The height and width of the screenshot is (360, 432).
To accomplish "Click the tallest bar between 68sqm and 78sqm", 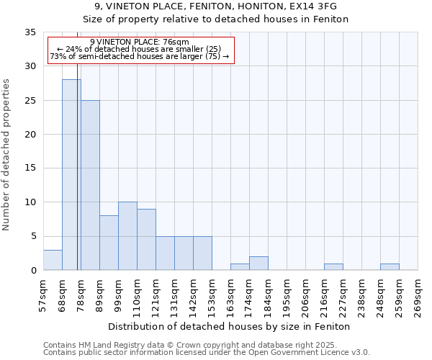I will click(71, 175).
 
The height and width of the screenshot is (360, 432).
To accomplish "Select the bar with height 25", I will click(90, 185).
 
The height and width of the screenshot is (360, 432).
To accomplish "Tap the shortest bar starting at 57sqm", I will click(53, 260).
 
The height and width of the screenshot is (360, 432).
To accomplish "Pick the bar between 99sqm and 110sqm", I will click(127, 236).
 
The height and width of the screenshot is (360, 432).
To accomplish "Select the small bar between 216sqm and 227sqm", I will click(333, 267).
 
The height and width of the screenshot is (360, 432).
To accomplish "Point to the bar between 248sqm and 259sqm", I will click(390, 267).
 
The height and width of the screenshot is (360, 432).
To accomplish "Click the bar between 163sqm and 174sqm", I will click(240, 267).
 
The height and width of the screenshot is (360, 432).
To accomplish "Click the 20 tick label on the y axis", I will click(30, 135).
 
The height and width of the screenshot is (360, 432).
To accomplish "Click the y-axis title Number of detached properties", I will click(6, 155).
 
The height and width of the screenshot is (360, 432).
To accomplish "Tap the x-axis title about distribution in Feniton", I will click(230, 327).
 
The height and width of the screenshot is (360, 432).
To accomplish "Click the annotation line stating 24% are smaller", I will click(140, 49).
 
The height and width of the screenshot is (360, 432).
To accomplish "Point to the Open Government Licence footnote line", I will click(207, 352).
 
